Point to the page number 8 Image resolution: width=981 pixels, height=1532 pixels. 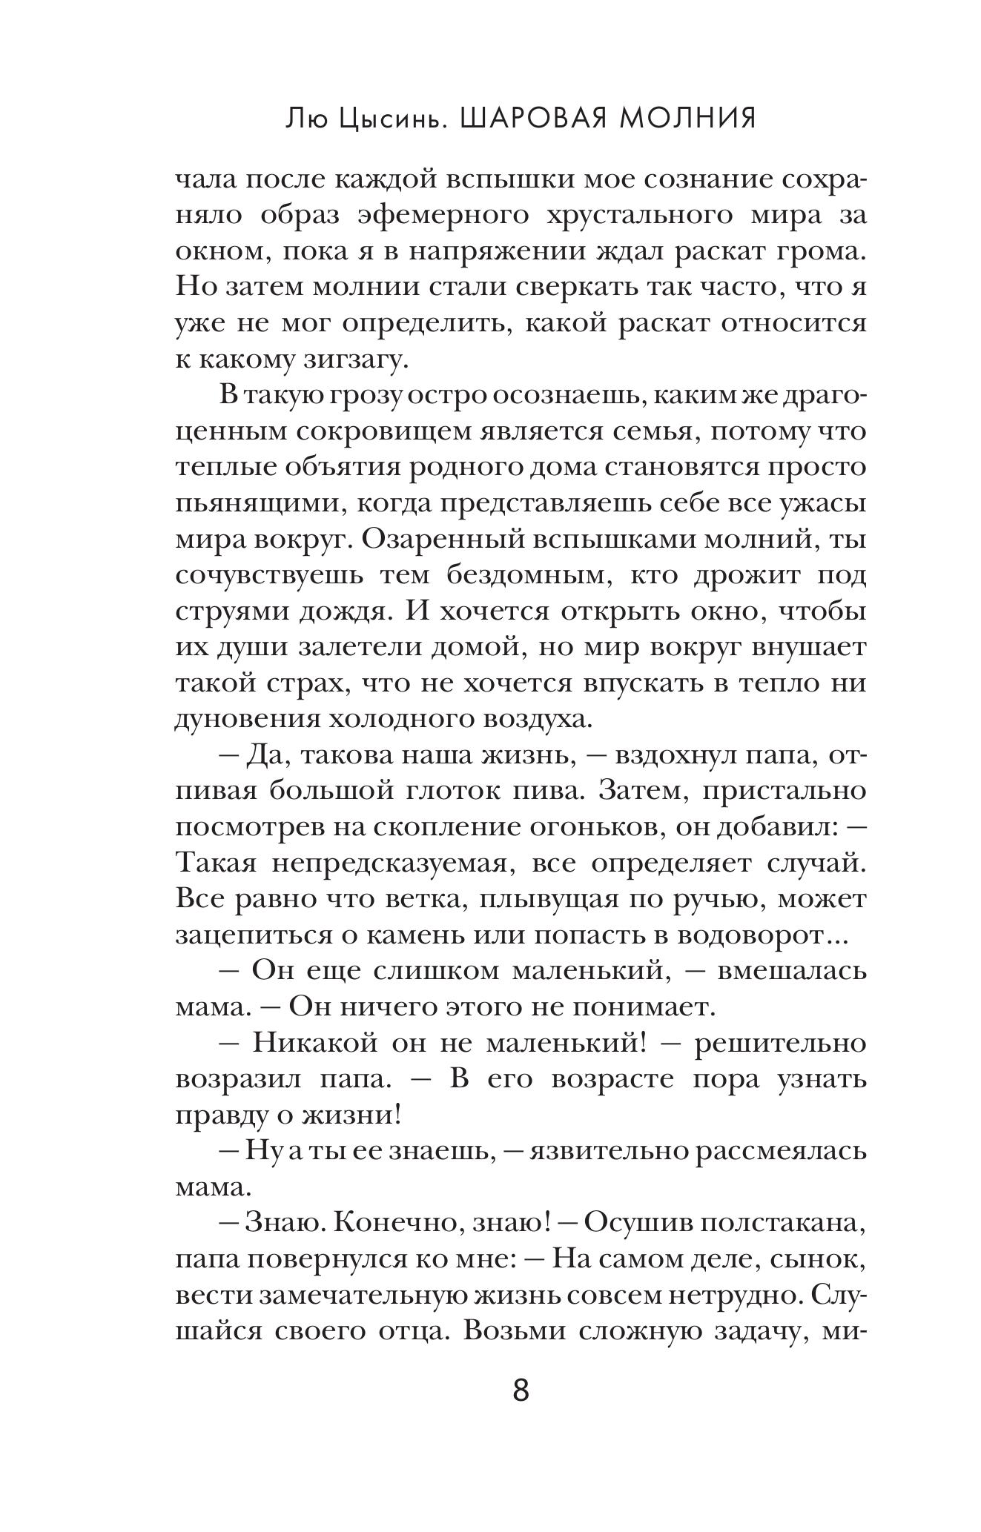click(x=521, y=1391)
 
